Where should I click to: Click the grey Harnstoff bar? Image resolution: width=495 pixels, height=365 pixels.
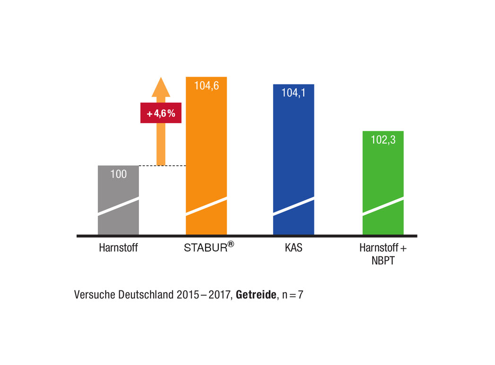tap(118, 208)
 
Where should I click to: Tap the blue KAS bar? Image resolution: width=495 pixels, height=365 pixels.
tap(293, 151)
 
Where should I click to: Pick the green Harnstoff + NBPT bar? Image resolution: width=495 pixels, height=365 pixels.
tap(383, 179)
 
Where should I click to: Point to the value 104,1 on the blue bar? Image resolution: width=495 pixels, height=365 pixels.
tap(293, 93)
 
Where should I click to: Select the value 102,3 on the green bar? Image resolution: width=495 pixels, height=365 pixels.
tap(383, 140)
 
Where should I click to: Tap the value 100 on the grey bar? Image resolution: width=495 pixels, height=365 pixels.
tap(118, 174)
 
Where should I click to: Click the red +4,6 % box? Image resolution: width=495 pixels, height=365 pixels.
tap(161, 114)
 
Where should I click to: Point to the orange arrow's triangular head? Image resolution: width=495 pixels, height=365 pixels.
tap(161, 87)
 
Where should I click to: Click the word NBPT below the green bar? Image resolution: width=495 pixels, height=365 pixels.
tap(383, 260)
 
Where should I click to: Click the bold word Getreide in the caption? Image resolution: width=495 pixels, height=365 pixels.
tap(255, 295)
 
